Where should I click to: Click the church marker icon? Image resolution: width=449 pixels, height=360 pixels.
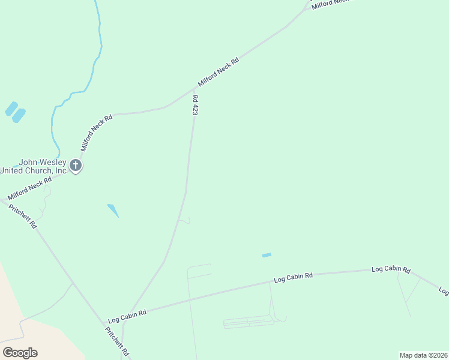[x=75, y=166]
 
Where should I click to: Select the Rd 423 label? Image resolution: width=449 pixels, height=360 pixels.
[x=195, y=104]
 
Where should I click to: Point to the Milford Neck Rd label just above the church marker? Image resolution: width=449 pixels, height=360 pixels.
[x=97, y=133]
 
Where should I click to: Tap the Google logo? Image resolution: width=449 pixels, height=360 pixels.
[x=20, y=353]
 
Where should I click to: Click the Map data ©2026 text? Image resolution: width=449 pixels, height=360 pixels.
[x=423, y=355]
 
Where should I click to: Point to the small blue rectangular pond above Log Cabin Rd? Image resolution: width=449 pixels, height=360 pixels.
[x=267, y=255]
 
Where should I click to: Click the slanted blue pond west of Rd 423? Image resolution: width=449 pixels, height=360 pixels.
[x=113, y=210]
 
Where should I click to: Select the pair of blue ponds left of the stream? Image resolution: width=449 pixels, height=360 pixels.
[x=15, y=112]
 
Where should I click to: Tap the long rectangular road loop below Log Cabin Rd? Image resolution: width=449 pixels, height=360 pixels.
[x=249, y=323]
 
